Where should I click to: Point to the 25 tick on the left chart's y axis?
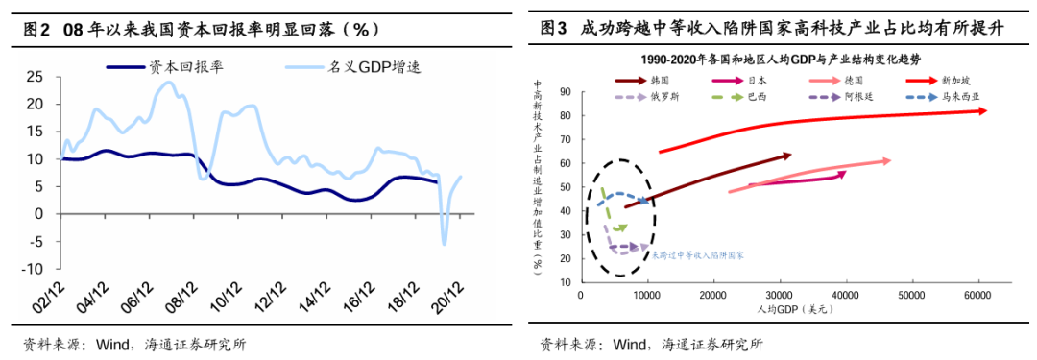click(x=34, y=76)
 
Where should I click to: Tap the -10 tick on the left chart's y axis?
click(x=31, y=269)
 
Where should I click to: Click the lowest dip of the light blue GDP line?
click(x=445, y=243)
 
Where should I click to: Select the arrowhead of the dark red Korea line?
click(x=789, y=155)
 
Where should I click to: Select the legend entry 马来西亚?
click(x=960, y=97)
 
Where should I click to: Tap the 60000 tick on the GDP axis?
click(x=977, y=294)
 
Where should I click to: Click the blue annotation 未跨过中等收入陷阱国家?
click(x=698, y=256)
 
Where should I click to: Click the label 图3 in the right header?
click(x=555, y=28)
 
